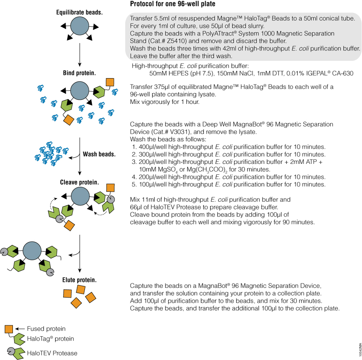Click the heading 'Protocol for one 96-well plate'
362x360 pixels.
click(173, 4)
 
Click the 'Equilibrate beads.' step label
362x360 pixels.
click(79, 12)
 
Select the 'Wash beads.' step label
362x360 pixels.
click(99, 154)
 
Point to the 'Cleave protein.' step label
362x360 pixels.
click(79, 182)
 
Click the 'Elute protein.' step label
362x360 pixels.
click(79, 280)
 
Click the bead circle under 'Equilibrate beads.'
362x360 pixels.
click(79, 28)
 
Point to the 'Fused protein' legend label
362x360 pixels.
click(46, 329)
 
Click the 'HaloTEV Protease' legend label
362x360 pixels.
click(52, 353)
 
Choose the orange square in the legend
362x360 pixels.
click(9, 329)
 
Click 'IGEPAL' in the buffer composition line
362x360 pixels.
click(316, 74)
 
